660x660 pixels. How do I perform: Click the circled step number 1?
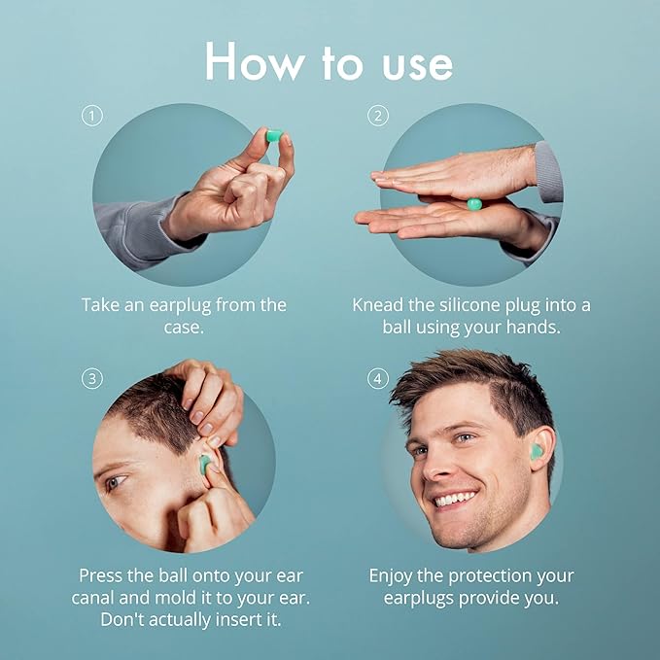coord(91,116)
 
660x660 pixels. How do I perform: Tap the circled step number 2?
coord(377,116)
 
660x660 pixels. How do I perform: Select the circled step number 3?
coord(91,379)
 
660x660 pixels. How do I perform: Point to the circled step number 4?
coord(377,379)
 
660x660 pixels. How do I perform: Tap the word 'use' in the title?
coord(418,66)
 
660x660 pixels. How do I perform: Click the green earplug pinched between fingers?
coord(274,136)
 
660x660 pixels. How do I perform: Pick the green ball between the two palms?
coord(474,204)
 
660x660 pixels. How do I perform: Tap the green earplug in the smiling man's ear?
coord(536,451)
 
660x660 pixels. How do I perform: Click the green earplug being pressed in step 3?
coord(204,464)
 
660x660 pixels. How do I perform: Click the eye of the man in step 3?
coord(116,481)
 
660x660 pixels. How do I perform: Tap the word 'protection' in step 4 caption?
coord(490,576)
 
